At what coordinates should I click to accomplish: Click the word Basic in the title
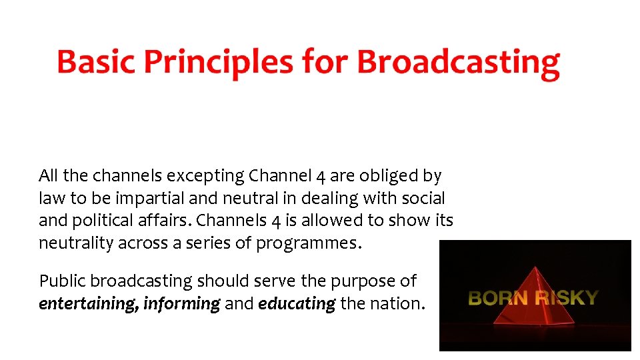tap(96, 62)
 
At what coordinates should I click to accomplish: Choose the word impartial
tap(145, 199)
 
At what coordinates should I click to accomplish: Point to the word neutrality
tap(76, 243)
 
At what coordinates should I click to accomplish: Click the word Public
tap(62, 282)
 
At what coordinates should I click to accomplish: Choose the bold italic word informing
tap(181, 304)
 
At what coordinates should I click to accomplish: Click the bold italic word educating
tap(297, 304)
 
